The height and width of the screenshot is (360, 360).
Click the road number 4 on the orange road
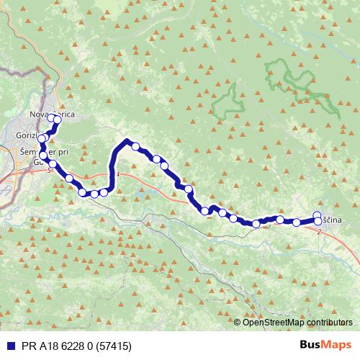[117, 174]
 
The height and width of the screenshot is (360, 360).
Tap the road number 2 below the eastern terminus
[318, 231]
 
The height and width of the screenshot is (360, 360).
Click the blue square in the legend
[9, 346]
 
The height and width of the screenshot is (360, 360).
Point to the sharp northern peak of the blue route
[126, 141]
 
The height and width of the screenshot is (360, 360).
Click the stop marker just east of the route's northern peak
[135, 146]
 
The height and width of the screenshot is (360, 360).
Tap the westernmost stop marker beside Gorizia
[42, 139]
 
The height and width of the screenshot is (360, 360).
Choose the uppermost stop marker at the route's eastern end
[318, 215]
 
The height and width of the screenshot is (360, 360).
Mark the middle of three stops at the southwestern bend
[94, 194]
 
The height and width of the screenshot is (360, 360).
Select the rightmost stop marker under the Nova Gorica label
[57, 120]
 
